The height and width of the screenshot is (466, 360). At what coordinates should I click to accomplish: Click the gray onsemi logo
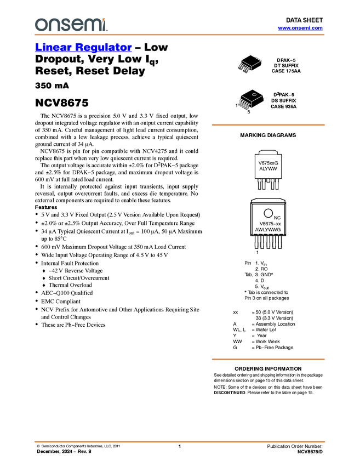coord(71,25)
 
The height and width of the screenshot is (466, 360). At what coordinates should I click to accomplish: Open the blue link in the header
coord(300,28)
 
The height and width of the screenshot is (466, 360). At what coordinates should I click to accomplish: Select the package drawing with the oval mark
coord(249,100)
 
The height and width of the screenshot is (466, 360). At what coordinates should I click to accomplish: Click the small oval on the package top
coord(254,94)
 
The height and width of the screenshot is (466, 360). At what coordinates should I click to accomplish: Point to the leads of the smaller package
coord(243,69)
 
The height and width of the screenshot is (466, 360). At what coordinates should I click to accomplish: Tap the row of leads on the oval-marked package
coord(244,104)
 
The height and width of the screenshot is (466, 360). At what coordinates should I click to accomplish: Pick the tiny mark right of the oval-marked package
coord(264,101)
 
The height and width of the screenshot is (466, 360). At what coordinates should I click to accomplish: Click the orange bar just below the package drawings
coord(268,125)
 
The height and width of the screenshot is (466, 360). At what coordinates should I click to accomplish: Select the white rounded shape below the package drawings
coord(268,152)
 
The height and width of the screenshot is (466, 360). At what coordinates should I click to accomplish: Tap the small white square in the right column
coord(253,319)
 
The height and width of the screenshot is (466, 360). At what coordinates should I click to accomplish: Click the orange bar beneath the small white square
coord(268,360)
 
